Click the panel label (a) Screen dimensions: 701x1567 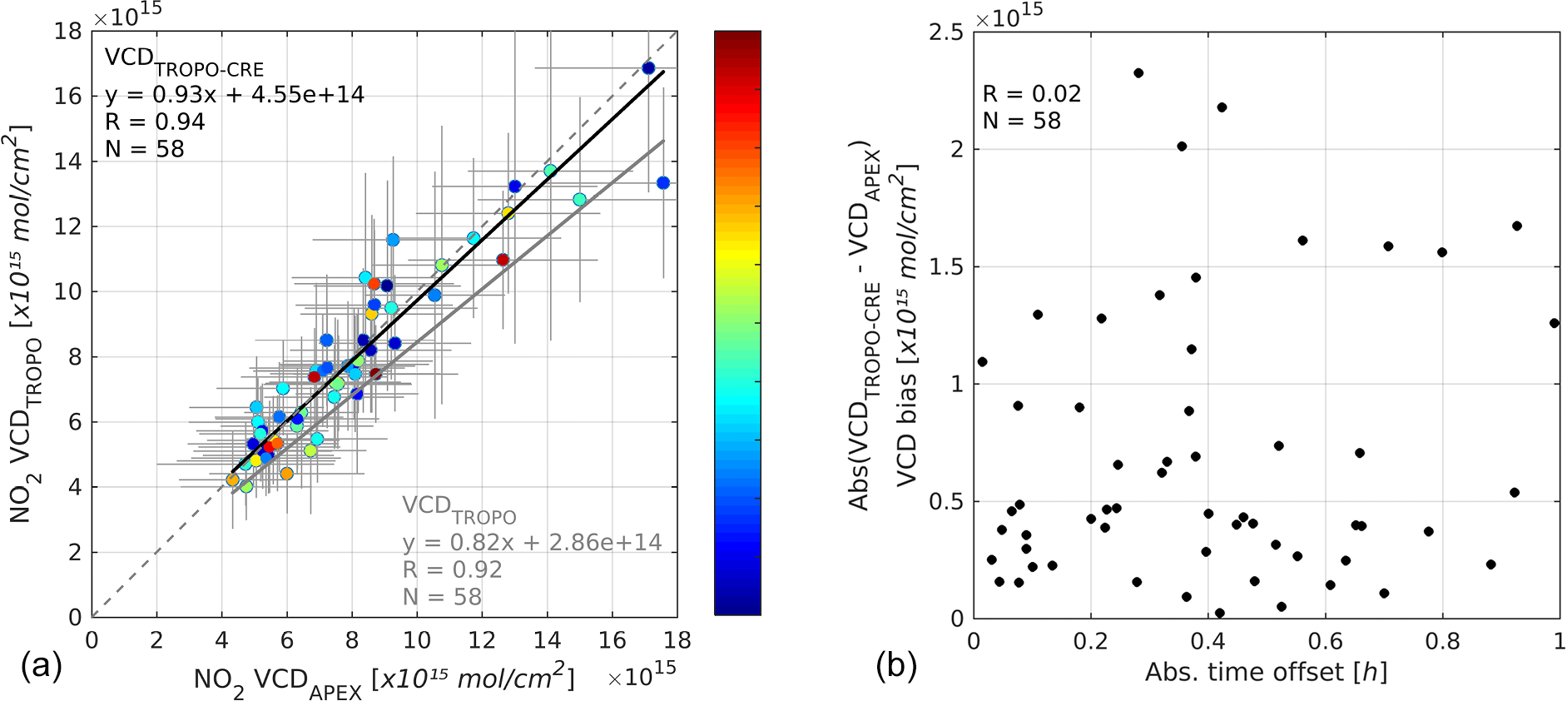tap(42, 666)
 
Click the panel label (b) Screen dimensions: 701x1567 tap(895, 666)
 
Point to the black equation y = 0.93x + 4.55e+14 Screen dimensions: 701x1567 tap(235, 95)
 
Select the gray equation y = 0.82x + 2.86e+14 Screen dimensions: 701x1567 tap(532, 543)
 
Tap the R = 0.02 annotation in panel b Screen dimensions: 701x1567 tap(1032, 94)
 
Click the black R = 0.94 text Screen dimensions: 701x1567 tap(155, 122)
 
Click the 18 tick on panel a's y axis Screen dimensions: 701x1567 tap(68, 32)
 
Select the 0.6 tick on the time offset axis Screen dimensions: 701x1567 tap(1325, 641)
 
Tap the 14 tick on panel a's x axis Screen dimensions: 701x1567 tap(548, 640)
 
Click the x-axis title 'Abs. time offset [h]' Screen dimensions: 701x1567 tap(1266, 673)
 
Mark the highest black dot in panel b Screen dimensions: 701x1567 tap(1138, 73)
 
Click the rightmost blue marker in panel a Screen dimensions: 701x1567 tap(663, 183)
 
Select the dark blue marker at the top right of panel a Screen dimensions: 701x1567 tap(648, 68)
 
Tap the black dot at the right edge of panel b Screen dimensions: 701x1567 tap(1554, 323)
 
